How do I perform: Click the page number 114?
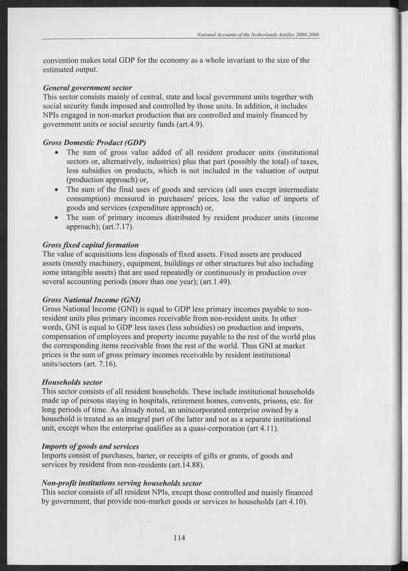coord(178,537)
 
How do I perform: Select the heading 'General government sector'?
coord(87,87)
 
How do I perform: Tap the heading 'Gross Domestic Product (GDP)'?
coord(94,142)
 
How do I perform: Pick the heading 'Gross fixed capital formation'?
coord(91,245)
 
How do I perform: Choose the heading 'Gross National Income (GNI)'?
coord(91,300)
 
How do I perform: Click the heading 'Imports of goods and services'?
coord(90,447)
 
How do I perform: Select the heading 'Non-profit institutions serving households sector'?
coord(122,483)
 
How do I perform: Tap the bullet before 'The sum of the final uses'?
coord(58,189)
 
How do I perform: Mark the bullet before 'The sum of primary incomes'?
coord(58,218)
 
